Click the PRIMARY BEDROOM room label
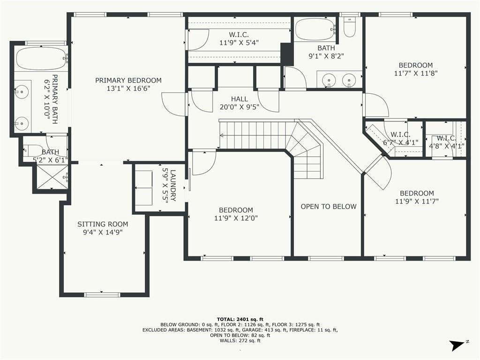click(x=128, y=81)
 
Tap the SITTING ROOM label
click(x=103, y=224)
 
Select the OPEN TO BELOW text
click(x=329, y=207)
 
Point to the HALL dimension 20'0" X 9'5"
click(x=240, y=107)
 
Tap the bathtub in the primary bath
click(x=41, y=58)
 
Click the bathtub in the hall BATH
click(x=315, y=30)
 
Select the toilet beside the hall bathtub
click(x=349, y=27)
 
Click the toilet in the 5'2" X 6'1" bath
click(x=33, y=150)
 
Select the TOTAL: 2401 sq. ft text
click(x=240, y=319)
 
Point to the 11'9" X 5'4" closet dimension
click(x=239, y=43)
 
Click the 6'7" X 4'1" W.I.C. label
click(x=400, y=138)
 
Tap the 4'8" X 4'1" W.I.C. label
click(x=447, y=142)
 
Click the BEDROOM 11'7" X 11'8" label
click(x=416, y=69)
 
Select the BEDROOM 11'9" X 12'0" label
click(x=236, y=214)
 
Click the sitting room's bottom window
click(x=102, y=294)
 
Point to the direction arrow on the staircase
click(x=222, y=135)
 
